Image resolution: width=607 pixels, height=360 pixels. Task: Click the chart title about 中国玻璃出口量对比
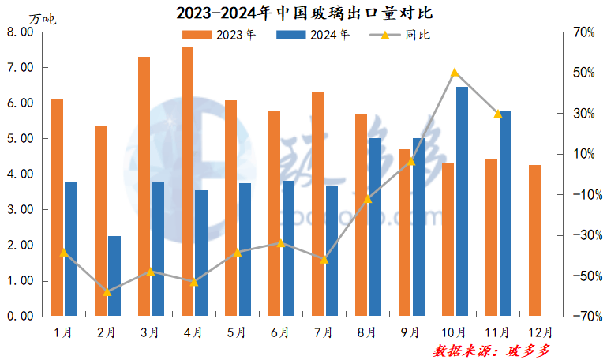304,13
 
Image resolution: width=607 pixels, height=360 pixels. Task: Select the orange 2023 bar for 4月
187,182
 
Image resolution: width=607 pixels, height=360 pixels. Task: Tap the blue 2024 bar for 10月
462,201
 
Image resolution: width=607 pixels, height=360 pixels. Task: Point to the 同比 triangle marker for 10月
455,73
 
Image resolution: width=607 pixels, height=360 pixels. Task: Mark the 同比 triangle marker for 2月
107,291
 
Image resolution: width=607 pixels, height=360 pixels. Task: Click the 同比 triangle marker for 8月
368,199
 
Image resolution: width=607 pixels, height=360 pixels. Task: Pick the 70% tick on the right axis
584,32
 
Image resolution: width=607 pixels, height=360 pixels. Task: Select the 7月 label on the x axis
323,332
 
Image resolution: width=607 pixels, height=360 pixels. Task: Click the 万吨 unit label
43,17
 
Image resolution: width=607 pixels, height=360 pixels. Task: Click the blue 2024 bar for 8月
375,227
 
